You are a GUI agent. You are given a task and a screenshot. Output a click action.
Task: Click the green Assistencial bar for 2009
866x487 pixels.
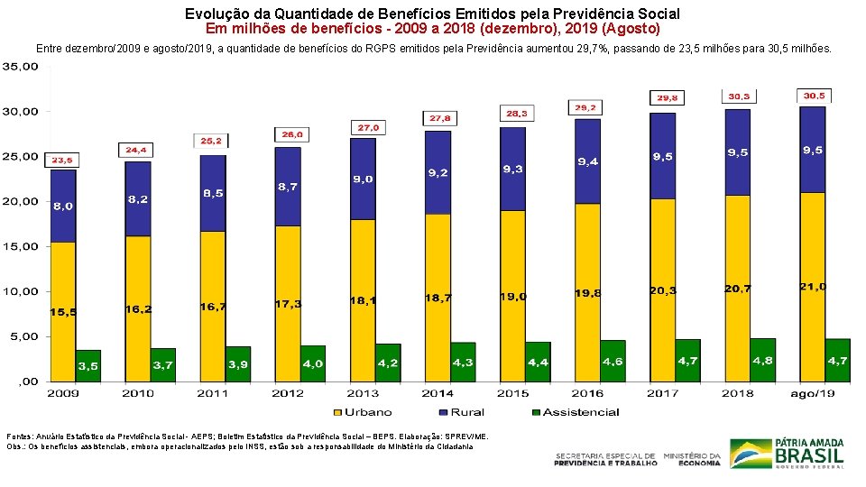pos(88,365)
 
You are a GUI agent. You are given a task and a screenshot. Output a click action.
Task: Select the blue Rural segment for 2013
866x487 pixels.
pos(363,179)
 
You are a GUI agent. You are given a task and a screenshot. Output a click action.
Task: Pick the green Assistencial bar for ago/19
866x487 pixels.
pos(837,360)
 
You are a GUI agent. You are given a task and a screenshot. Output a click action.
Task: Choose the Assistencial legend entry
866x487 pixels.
pos(576,412)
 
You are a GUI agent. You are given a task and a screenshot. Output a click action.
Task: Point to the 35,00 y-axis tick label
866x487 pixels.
pos(20,67)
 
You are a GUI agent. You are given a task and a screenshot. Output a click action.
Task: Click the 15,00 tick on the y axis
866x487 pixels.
pos(20,246)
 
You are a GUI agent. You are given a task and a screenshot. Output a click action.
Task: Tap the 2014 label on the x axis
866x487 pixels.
pos(438,393)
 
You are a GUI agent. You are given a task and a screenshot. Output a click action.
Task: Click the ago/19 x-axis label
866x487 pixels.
pos(813,393)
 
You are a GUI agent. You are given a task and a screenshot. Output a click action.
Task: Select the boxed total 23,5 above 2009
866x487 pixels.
pos(62,160)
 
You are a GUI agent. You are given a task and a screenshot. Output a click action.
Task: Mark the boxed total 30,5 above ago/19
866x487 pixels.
pos(814,96)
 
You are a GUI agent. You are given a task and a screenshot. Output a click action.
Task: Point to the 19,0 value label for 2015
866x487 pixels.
pos(514,297)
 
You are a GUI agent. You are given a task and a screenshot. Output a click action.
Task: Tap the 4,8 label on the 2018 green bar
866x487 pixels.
pos(762,361)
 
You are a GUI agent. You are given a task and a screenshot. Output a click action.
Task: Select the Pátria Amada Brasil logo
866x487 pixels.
pos(787,453)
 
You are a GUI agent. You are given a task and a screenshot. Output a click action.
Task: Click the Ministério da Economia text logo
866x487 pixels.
pos(692,459)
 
